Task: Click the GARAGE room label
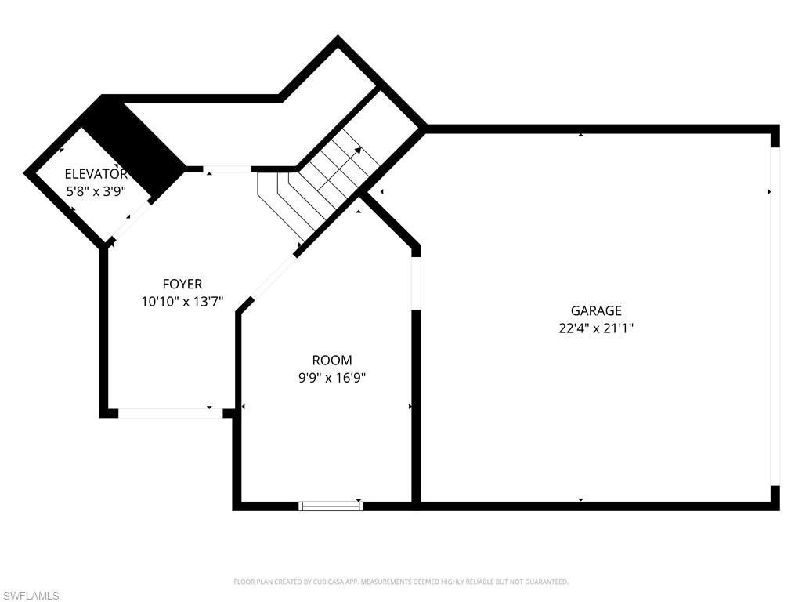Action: click(595, 310)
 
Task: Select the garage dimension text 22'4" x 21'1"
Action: click(595, 329)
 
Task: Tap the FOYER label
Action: click(182, 285)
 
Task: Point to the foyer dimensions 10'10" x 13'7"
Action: click(182, 301)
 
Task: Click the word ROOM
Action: click(332, 361)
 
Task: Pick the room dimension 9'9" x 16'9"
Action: click(332, 378)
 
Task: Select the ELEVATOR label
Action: click(95, 174)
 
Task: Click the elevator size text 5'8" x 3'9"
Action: click(95, 190)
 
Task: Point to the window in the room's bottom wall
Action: click(331, 506)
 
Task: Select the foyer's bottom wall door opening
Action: click(170, 412)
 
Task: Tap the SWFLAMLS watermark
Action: click(31, 596)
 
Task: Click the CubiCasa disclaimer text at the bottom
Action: click(400, 582)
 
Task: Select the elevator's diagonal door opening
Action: click(130, 220)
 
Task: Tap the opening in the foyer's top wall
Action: click(227, 169)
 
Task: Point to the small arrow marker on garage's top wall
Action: click(580, 135)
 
